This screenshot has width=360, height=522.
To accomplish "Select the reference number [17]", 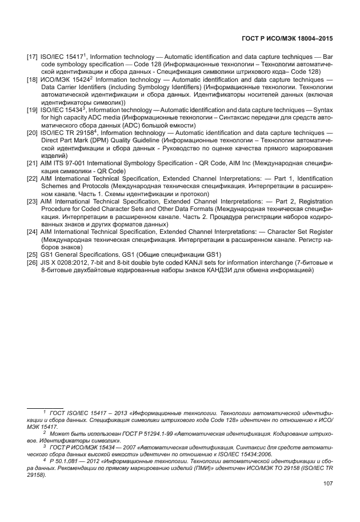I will coord(32,58).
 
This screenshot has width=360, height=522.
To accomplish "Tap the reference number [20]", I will coord(32,133).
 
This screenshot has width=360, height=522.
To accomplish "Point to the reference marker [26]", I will coord(32,262).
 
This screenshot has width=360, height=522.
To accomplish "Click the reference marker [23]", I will coord(32,202).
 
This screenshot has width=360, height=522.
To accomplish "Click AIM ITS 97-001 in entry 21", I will coord(65,163).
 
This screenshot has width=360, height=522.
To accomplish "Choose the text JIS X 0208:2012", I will coord(66,262).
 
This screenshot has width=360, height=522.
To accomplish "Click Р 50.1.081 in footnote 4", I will coord(62,461).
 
